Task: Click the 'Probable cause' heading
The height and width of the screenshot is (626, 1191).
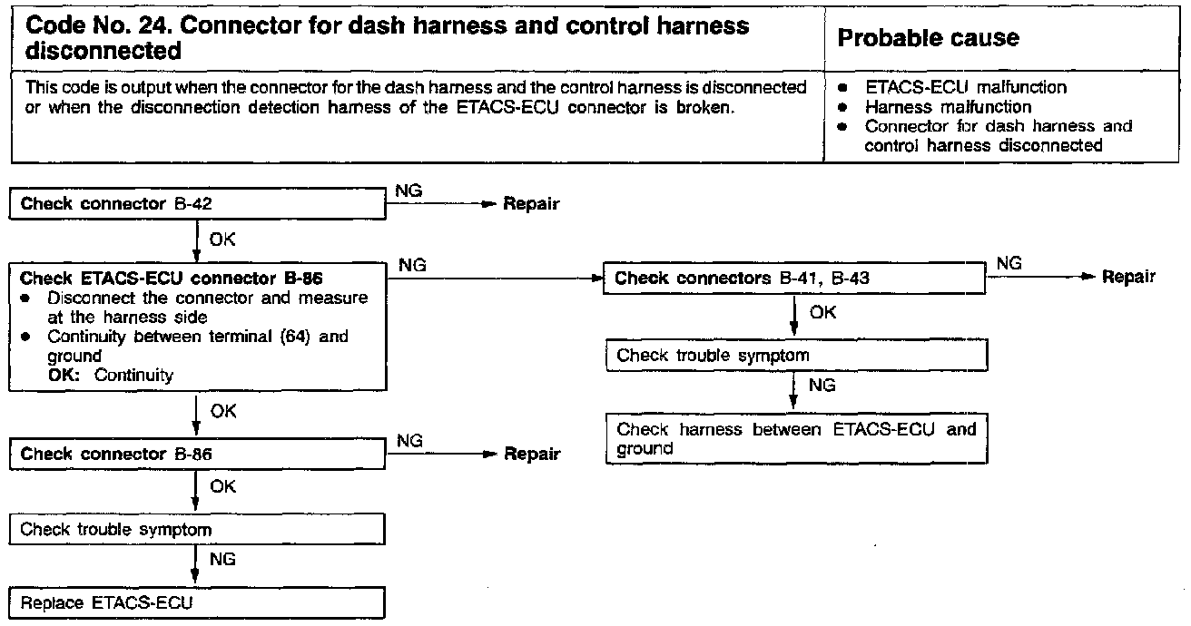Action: coord(928,38)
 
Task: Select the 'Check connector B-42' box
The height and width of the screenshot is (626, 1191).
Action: coord(196,204)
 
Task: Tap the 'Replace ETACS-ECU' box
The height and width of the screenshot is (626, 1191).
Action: coord(196,602)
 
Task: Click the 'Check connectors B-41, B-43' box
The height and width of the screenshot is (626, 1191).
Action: coord(795,279)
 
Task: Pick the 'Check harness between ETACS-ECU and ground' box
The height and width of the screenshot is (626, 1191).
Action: coord(795,439)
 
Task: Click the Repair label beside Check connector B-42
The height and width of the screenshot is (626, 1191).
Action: coord(531,204)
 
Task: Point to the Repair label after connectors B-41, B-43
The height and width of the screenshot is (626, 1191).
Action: coord(1128,277)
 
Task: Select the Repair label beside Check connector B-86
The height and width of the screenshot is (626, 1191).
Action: coord(532,455)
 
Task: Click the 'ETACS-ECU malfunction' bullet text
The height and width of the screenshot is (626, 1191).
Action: coord(966,88)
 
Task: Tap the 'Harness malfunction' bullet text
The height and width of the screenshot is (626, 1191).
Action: coord(948,107)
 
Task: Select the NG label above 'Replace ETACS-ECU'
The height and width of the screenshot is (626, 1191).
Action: coord(222,560)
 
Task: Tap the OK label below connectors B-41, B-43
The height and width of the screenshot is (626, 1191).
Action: coord(822,312)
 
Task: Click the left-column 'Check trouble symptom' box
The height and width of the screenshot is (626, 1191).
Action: coord(196,529)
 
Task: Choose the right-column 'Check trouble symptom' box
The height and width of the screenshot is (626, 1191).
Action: coord(795,356)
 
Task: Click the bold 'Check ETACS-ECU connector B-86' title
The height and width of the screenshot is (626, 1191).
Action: coord(172,278)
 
